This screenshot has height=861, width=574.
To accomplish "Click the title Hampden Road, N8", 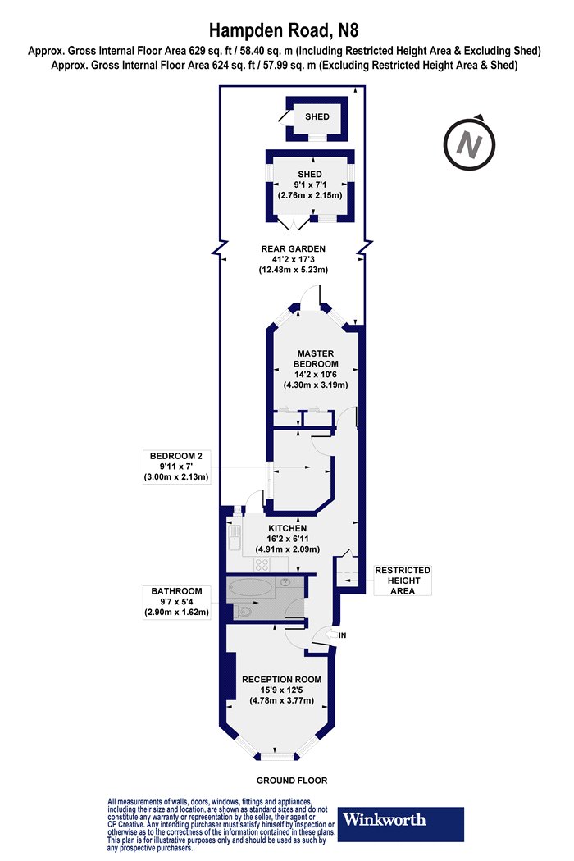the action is (x=284, y=30).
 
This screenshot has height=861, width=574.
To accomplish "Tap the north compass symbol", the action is (x=470, y=143).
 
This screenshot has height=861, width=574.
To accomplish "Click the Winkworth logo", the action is (x=400, y=823).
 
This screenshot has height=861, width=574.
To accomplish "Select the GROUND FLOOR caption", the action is (x=292, y=781).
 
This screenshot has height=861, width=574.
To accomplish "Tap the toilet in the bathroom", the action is (x=244, y=611).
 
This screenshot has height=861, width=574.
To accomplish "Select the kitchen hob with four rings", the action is (x=262, y=564).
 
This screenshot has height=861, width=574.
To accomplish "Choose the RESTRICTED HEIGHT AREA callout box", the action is (x=403, y=581).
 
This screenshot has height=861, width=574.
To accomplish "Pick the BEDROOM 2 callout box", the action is (x=176, y=467).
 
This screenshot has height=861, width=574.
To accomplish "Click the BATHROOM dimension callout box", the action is (x=177, y=602).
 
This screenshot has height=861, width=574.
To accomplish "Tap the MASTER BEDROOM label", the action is (x=316, y=358).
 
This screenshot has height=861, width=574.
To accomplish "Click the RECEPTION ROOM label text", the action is (x=282, y=679).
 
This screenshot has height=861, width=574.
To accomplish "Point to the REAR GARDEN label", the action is (x=294, y=248).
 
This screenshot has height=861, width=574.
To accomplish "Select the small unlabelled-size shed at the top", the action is (x=317, y=118).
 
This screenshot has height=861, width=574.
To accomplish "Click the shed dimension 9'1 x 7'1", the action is (x=310, y=184).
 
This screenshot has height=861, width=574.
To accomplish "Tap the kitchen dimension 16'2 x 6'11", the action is (x=288, y=539).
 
